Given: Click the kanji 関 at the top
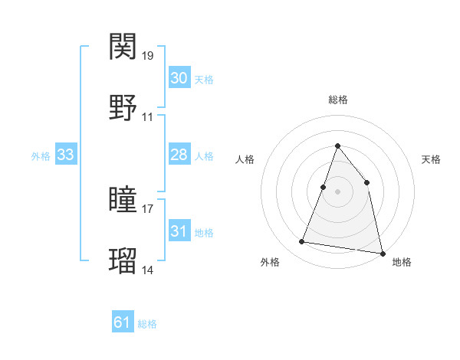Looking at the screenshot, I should pos(124,47).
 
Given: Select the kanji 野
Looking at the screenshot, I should pos(124,108).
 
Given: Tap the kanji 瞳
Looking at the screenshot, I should pos(124,200).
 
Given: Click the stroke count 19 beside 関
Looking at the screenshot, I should pos(148,56).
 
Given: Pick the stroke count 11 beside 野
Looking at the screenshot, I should pos(148,117).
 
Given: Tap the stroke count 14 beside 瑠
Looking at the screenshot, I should pos(148,270).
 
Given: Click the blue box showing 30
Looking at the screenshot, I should pos(179,78).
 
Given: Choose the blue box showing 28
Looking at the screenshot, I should pos(179,155).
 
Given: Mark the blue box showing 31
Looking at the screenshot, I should pos(179,231).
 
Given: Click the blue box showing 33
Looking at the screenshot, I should pos(66,155).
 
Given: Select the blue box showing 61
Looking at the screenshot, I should pos(123,322).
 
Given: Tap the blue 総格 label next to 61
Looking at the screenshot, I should pos(147,324).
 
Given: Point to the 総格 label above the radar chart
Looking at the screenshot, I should pos(337,100).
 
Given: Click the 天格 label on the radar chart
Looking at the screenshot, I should pos(432,159).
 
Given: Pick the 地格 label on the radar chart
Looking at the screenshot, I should pos(402,262).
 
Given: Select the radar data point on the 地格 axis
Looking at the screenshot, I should pos(382,253).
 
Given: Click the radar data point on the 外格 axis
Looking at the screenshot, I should pos(302,242).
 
